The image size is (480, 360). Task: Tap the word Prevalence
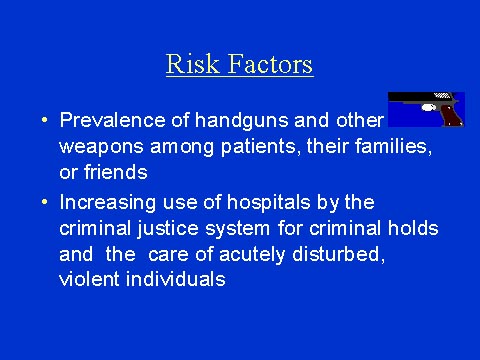(108, 120)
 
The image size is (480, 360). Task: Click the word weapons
(98, 149)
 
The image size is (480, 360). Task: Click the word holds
(417, 228)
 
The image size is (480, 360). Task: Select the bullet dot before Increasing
(46, 201)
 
